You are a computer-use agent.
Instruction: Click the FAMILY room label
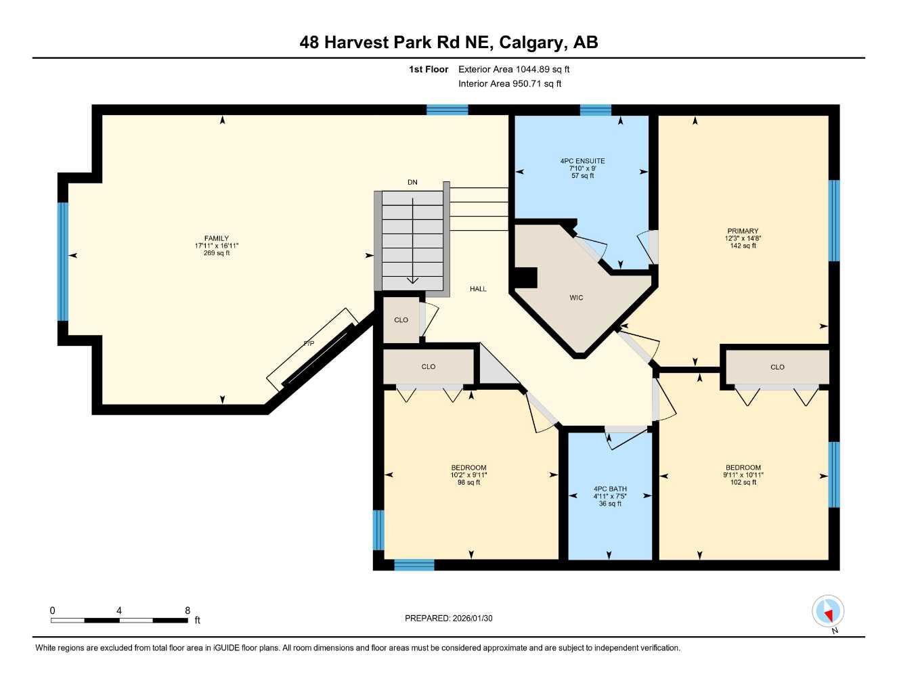pos(217,238)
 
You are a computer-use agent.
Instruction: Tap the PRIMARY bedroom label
pos(743,231)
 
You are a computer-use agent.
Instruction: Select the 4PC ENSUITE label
pos(582,161)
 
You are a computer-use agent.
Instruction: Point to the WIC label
pos(576,298)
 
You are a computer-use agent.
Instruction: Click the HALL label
pos(478,289)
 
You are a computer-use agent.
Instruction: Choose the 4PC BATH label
pos(610,489)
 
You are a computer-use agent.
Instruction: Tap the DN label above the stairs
pos(412,182)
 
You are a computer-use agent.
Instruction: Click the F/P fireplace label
pos(309,344)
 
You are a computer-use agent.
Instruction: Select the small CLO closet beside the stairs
pos(401,320)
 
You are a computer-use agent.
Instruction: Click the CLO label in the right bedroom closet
pos(777,367)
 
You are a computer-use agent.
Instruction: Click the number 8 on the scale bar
pos(188,610)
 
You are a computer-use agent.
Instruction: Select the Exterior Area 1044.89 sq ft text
pos(514,69)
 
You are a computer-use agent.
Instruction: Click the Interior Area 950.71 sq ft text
pos(510,84)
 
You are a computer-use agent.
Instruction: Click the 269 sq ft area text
pos(217,253)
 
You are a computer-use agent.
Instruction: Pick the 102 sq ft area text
pos(743,483)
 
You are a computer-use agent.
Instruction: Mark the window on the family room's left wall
pos(63,261)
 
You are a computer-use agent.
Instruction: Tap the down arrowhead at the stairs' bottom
pos(412,280)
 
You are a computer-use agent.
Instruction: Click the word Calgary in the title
pos(531,43)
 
